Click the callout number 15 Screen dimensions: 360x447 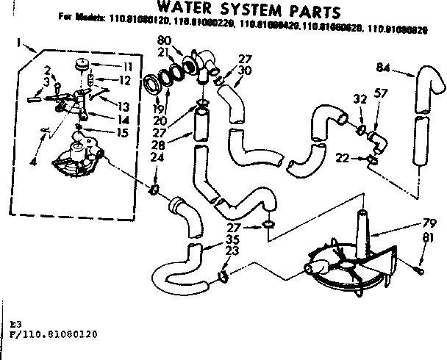click(x=123, y=132)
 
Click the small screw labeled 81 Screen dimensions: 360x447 click(x=420, y=270)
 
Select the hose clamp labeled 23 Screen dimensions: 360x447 click(x=221, y=277)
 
